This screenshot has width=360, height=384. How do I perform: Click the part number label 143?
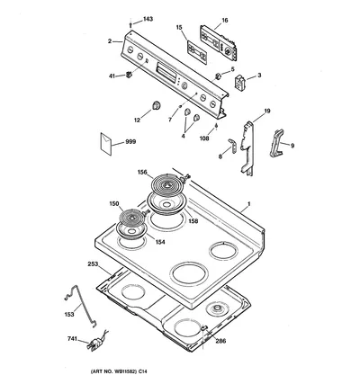point(148,19)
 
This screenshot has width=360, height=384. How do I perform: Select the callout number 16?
point(225,21)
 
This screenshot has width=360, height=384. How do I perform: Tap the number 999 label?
point(130,141)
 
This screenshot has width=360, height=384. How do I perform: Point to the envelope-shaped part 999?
point(106,144)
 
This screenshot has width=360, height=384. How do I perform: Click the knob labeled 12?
point(156,105)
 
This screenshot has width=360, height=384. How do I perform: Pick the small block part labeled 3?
point(239,81)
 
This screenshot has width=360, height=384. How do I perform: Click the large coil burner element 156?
point(166,185)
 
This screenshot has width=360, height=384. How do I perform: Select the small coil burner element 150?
point(131,218)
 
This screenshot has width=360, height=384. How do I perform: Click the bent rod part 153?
point(81,306)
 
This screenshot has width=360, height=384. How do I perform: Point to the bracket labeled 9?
point(277,143)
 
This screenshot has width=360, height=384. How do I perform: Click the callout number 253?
point(93,264)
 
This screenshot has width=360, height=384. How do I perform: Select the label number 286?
point(220,341)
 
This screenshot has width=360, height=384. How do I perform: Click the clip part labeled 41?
point(129,74)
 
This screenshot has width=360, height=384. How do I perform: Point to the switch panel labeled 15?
point(197,51)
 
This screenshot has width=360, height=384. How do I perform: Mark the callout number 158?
point(193,221)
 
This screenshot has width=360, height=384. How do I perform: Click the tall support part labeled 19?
point(247,147)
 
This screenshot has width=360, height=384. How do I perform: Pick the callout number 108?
point(204,138)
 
